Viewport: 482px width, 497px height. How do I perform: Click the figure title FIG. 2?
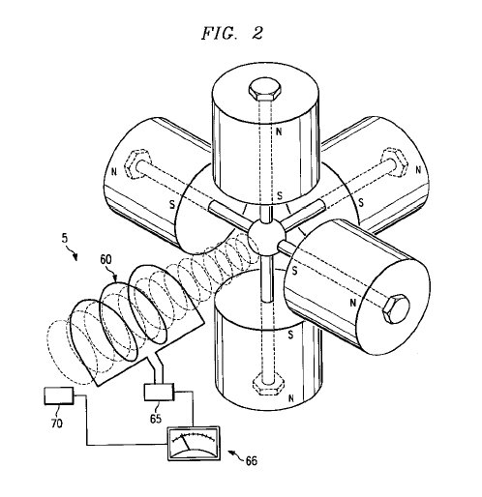(x=232, y=33)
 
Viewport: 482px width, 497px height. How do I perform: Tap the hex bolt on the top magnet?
(x=265, y=89)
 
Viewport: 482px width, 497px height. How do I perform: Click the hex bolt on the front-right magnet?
(x=396, y=308)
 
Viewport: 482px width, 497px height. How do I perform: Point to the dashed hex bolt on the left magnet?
(x=139, y=163)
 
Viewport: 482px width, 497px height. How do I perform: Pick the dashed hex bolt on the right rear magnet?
(x=394, y=161)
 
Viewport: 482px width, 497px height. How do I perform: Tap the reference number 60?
(x=105, y=260)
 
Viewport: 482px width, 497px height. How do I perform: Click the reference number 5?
(x=65, y=239)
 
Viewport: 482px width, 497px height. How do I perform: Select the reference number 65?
(x=156, y=419)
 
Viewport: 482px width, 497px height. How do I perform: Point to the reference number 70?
(x=56, y=424)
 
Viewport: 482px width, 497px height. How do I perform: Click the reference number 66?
(x=252, y=461)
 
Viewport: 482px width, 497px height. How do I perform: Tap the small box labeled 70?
(x=58, y=395)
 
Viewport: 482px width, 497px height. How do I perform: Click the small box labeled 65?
(x=159, y=392)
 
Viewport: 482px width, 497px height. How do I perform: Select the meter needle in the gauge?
(x=186, y=443)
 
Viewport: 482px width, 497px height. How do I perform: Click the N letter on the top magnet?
(x=279, y=132)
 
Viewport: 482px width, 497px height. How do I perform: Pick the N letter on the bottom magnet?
(x=291, y=399)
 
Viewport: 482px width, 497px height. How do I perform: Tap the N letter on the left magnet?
(x=113, y=172)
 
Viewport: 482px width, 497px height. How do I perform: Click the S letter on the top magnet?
(x=280, y=195)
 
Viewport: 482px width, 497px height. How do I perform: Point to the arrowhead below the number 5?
(x=75, y=257)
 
